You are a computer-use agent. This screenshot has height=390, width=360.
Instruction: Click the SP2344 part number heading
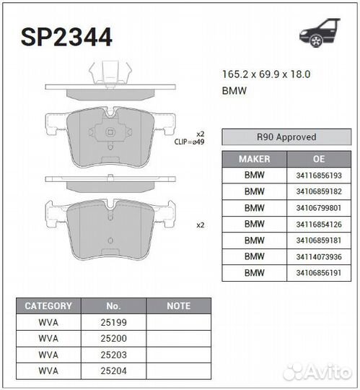pos(67,38)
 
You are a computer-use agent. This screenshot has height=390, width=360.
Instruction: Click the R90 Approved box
pos(286,137)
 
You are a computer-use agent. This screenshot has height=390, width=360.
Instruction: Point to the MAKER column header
pos(254,159)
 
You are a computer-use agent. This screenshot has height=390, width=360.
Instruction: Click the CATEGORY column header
pos(48,306)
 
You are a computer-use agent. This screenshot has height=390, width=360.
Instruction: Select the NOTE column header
pos(178,306)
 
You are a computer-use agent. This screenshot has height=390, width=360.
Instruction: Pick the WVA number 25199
pos(113,322)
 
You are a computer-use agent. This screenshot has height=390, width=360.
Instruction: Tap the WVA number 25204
pos(113,370)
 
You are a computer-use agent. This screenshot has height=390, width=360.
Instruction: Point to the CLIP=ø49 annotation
pos(189,142)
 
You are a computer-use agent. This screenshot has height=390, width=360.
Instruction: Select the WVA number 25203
pos(113,355)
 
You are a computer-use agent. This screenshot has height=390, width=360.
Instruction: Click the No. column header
pos(113,306)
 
